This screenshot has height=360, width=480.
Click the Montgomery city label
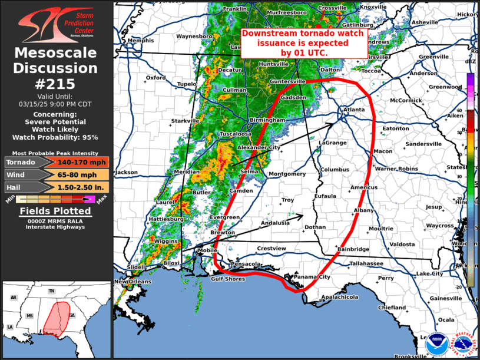coord(287,174)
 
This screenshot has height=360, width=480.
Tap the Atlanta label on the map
coord(354,110)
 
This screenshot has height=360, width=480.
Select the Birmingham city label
coord(267,120)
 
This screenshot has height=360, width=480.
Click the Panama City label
coord(313,277)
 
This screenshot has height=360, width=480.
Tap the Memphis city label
coord(140,41)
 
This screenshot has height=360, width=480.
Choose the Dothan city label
coord(315,227)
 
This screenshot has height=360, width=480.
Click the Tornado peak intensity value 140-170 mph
coord(82,162)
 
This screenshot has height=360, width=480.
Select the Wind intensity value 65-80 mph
coord(82,175)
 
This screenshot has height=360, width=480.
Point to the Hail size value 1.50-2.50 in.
coord(82,187)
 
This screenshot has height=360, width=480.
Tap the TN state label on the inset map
coord(52,291)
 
